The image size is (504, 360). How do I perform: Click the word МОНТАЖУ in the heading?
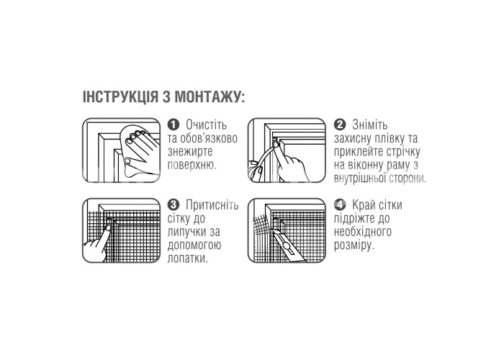point(210,96)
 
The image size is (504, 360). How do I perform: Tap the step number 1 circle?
point(174,125)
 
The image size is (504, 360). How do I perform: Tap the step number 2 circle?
point(340,125)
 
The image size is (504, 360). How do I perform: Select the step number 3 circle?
point(174,204)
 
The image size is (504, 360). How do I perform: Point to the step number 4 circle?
point(340,204)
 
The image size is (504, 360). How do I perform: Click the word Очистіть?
point(206,125)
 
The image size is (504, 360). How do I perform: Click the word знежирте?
point(190,152)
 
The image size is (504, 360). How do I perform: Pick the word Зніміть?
point(369,125)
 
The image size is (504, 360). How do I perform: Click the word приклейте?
point(356,152)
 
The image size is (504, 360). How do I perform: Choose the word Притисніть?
point(212,204)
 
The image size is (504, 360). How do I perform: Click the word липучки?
point(188,232)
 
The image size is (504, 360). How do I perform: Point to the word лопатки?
point(187,258)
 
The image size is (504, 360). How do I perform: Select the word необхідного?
point(363,232)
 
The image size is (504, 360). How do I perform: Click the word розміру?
point(354,246)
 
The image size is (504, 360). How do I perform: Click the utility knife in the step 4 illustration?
point(284,245)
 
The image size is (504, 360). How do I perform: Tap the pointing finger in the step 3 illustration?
point(98,241)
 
